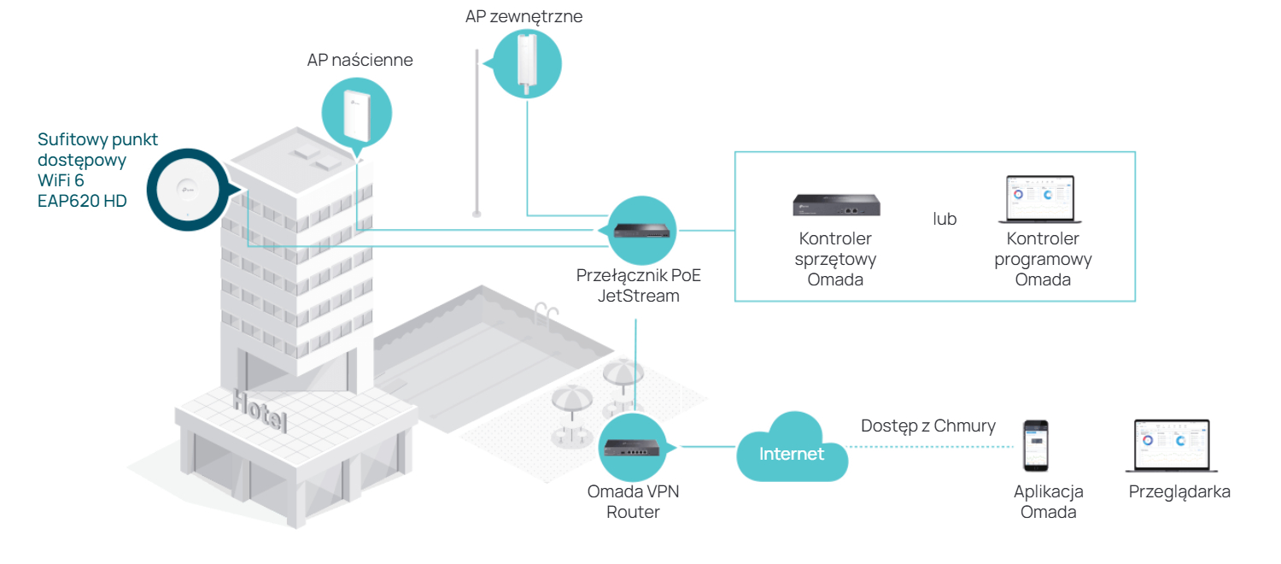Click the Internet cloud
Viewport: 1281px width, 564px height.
(x=792, y=449)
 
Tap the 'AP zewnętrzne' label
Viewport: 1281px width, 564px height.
(x=524, y=16)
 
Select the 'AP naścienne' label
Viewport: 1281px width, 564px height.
(x=360, y=60)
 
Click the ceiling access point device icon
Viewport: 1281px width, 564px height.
(x=188, y=190)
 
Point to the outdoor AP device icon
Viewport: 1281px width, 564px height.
(x=527, y=63)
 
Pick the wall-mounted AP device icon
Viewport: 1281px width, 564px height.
(x=356, y=115)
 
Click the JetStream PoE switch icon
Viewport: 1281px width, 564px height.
(x=641, y=231)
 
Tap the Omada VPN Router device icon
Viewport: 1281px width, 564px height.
(x=632, y=447)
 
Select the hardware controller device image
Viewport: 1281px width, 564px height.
(x=836, y=205)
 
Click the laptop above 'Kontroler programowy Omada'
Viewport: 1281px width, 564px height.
(x=1039, y=199)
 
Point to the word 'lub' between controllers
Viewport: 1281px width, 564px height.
(x=945, y=219)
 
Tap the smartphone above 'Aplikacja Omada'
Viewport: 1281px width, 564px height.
(x=1036, y=445)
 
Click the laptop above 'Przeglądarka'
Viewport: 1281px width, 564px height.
(x=1172, y=445)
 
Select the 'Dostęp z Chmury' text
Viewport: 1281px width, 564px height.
(x=928, y=426)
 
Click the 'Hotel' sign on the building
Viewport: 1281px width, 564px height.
(x=260, y=410)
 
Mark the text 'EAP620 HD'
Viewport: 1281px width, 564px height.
(x=82, y=201)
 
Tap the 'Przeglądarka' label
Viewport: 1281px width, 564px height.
(x=1179, y=492)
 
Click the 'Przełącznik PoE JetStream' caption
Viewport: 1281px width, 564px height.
(x=638, y=285)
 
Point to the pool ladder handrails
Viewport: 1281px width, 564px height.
(x=545, y=314)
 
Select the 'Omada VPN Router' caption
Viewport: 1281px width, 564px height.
(x=633, y=502)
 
